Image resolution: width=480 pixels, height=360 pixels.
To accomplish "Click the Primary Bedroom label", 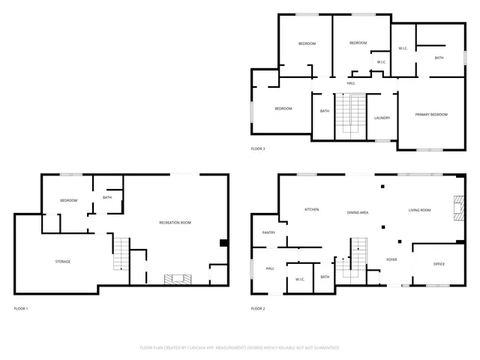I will click(x=431, y=114).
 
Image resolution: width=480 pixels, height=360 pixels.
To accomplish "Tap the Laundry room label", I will click(x=382, y=118).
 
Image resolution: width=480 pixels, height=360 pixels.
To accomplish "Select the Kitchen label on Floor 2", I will click(x=312, y=209).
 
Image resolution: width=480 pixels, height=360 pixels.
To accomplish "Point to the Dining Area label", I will click(x=357, y=213).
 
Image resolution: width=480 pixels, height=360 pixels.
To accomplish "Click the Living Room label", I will click(x=419, y=211).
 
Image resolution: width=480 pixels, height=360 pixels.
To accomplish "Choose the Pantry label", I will click(x=269, y=232).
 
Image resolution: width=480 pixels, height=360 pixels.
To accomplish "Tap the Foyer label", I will click(x=391, y=259).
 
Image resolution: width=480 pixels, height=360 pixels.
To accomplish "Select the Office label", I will click(x=439, y=264).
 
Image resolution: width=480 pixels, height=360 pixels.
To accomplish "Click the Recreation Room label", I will click(x=175, y=223).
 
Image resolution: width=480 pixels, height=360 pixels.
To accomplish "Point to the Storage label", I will click(x=63, y=261).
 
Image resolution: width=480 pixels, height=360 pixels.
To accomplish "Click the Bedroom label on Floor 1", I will click(x=69, y=200).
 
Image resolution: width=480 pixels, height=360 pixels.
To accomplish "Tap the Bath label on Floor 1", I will click(x=107, y=197).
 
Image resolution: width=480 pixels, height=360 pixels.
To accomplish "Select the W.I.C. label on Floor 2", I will click(x=299, y=280).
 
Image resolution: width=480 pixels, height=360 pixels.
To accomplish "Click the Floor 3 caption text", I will click(x=258, y=148).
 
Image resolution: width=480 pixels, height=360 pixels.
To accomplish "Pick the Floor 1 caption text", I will click(x=21, y=308).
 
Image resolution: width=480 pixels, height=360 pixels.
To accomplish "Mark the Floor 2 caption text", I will click(x=258, y=308).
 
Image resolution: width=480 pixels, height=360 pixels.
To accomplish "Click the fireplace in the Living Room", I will click(x=457, y=207).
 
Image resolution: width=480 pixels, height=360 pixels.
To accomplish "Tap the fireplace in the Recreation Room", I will click(x=178, y=278).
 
